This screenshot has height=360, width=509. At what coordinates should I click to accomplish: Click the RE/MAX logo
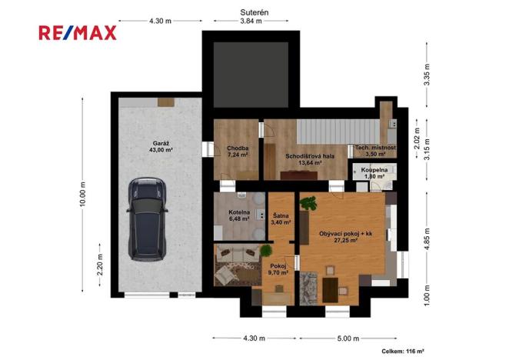pyautogui.click(x=78, y=32)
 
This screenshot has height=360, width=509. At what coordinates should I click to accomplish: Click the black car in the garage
pyautogui.click(x=147, y=217)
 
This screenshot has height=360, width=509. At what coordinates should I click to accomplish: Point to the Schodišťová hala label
pyautogui.click(x=304, y=158)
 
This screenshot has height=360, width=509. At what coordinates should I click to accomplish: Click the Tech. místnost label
pyautogui.click(x=374, y=150)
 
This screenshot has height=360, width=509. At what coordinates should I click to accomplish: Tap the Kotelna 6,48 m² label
pyautogui.click(x=239, y=216)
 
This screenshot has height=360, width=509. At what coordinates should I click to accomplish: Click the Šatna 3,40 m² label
pyautogui.click(x=281, y=219)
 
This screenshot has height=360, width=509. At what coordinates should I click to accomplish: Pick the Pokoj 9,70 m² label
pyautogui.click(x=278, y=268)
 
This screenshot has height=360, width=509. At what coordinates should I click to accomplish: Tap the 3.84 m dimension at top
pyautogui.click(x=251, y=22)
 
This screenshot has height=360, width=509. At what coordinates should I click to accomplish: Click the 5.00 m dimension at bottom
pyautogui.click(x=348, y=338)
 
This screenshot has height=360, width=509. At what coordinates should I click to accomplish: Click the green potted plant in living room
pyautogui.click(x=309, y=204)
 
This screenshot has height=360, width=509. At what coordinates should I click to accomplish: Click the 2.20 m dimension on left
pyautogui.click(x=99, y=268)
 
